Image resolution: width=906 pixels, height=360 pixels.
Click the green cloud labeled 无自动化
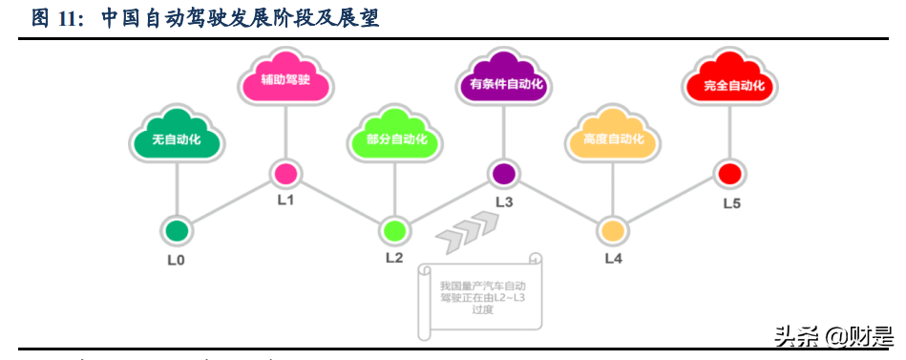[x=177, y=139]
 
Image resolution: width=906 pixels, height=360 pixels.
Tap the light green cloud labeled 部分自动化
[x=395, y=139]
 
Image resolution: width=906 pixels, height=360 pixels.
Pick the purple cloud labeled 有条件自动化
[x=504, y=84]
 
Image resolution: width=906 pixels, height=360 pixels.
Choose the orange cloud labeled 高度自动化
[x=613, y=139]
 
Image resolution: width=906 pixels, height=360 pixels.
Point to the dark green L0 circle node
[x=177, y=230]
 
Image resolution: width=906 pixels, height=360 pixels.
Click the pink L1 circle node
[x=285, y=174]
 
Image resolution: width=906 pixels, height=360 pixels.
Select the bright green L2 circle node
[x=394, y=230]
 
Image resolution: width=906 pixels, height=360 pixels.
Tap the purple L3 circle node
[x=503, y=174]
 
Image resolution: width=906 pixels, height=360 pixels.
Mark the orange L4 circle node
[x=613, y=230]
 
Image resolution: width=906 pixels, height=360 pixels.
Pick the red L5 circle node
[x=730, y=174]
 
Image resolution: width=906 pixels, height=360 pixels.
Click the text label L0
[x=177, y=259]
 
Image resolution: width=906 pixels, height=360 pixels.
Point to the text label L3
[x=504, y=202]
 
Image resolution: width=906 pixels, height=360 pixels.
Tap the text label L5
[x=731, y=202]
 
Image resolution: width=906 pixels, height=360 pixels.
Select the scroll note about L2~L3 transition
[x=482, y=295]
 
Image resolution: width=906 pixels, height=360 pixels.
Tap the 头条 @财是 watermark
[x=832, y=336]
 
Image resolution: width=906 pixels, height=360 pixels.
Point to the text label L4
[x=614, y=259]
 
